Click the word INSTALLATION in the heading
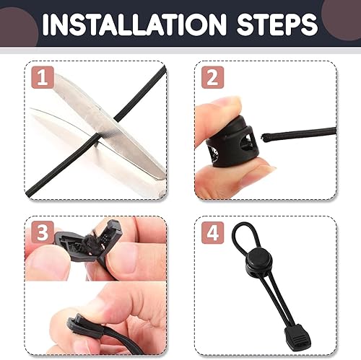point(134,25)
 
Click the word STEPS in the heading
point(277,25)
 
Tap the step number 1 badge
point(43,77)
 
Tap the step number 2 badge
point(212,77)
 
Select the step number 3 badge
point(43,232)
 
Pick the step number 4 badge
point(212,232)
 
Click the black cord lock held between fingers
point(230,142)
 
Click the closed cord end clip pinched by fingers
point(85,327)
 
